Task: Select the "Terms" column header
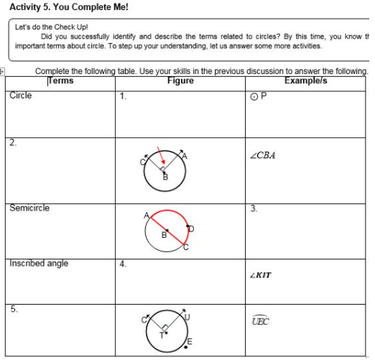(60, 80)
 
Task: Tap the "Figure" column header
(180, 80)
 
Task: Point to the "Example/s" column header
(305, 80)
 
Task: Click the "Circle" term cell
(21, 95)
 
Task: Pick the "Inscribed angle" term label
(39, 264)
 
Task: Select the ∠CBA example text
(264, 155)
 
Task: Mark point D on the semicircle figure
(192, 229)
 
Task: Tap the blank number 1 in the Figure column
(124, 96)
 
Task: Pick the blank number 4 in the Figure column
(124, 264)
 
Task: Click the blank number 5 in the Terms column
(14, 309)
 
